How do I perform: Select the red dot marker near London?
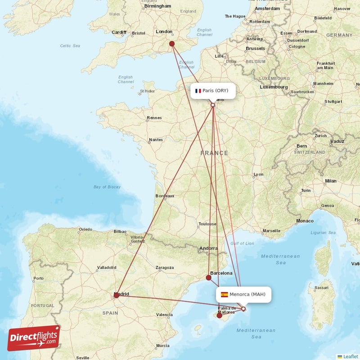pos(171,44)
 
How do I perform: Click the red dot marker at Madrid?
pos(117,295)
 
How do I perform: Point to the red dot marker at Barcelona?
pos(208,278)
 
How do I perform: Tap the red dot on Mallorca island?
pos(219,315)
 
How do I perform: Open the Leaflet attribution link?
pos(350,356)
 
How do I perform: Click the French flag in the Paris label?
pos(198,91)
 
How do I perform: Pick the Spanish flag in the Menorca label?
pos(224,295)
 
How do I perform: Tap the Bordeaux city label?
pos(164,196)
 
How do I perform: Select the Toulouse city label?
pos(207,224)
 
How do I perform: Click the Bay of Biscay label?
pos(107,187)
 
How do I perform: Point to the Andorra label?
pos(208,248)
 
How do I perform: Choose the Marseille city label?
pos(271,231)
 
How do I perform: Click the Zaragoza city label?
pos(164,267)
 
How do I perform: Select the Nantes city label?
pos(156,140)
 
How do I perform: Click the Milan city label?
pos(330,181)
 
